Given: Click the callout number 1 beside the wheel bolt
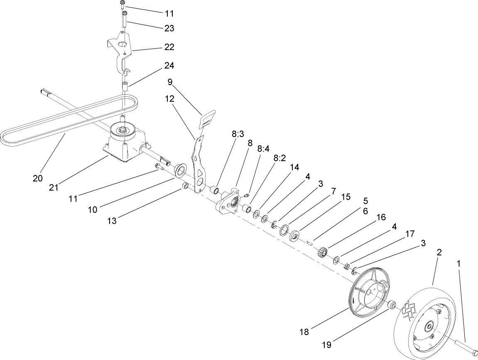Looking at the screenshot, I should point(458,263).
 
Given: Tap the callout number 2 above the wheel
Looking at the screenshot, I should point(439,252).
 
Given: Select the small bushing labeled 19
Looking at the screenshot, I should point(391,306).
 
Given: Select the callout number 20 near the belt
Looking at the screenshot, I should point(38,179).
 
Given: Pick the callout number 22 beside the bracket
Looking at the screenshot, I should point(169,47).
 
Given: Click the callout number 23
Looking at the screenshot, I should point(169,29).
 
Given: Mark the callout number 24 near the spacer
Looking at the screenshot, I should point(169,66).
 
